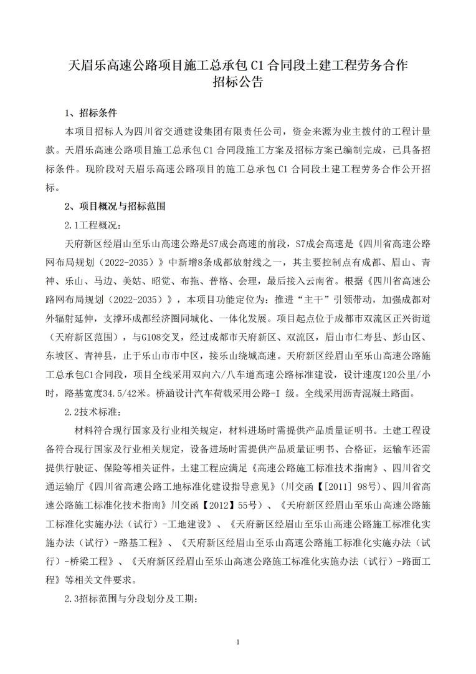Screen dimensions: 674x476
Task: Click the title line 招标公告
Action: click(x=237, y=82)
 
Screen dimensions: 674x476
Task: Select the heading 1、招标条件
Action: click(x=90, y=114)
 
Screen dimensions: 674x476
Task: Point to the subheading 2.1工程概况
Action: click(x=94, y=224)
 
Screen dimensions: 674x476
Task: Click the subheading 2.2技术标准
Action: click(x=94, y=412)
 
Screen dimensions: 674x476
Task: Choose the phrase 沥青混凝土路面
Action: click(x=373, y=394)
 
